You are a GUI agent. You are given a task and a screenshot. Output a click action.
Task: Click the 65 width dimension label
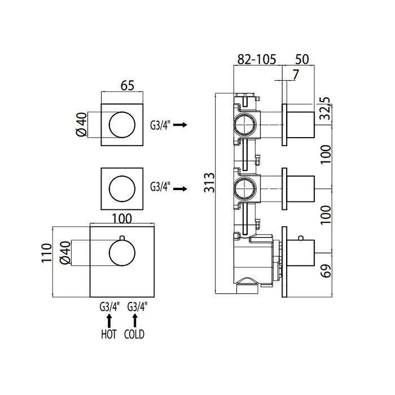pyautogui.click(x=127, y=86)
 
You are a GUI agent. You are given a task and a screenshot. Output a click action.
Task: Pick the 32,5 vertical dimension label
pyautogui.click(x=324, y=108)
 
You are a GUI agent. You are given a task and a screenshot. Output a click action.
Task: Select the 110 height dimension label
pyautogui.click(x=47, y=252)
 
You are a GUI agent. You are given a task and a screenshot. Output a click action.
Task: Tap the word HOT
pyautogui.click(x=108, y=334)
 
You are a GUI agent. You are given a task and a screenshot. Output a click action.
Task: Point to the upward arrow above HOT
pyautogui.click(x=108, y=321)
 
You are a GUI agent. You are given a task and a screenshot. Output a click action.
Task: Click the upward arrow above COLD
pyautogui.click(x=134, y=321)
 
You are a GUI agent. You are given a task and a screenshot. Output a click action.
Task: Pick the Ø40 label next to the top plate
pyautogui.click(x=81, y=125)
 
